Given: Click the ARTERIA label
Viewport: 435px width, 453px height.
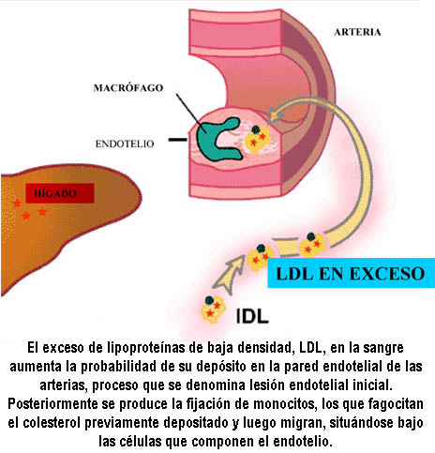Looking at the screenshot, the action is coord(357,32).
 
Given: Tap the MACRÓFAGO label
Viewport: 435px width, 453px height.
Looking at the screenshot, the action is coord(128,88).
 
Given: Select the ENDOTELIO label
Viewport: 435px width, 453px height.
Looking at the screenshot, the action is coord(125,143).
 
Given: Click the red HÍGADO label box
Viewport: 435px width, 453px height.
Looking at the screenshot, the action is coord(60,193).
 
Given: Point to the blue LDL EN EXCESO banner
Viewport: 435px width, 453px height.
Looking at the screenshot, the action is coord(352,273).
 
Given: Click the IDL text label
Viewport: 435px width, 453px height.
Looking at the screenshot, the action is coord(252,316).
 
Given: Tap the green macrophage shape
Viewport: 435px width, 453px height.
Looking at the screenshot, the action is coord(218,139).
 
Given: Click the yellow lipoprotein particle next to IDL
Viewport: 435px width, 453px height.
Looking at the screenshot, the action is coord(213,310).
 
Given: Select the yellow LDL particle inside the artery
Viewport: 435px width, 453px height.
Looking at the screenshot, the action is coord(257,139).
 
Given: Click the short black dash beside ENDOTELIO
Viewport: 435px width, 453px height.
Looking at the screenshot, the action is coord(178,140).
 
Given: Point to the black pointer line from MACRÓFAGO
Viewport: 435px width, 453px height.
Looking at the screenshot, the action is coord(190,113).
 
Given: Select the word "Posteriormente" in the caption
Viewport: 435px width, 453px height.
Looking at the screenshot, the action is coord(52,404).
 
